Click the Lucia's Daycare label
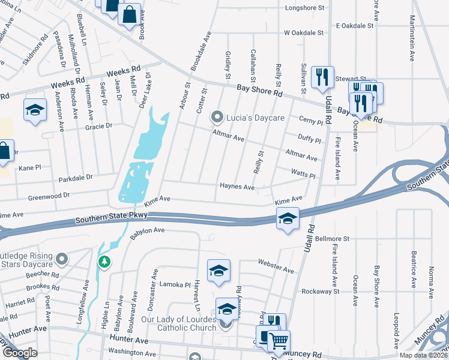(255, 118)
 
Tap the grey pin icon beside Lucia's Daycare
(217, 116)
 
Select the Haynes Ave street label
(237, 187)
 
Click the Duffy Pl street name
(310, 140)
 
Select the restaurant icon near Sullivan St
(323, 76)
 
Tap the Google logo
(20, 353)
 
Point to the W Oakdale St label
(304, 32)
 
